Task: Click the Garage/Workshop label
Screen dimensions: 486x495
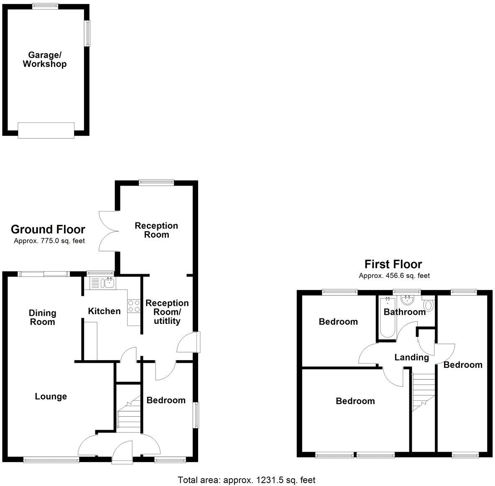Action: coord(45,59)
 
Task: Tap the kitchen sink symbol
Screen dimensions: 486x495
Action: coord(109,283)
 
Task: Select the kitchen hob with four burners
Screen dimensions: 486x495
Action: coord(134,306)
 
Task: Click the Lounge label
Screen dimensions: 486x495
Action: coord(51,396)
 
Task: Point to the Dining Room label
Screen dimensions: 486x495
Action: coord(42,317)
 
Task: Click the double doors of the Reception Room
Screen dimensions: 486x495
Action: coord(107,231)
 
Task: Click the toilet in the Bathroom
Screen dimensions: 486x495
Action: coord(428,305)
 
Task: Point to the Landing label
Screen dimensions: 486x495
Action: coord(412,357)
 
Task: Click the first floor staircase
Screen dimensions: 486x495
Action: coord(424,390)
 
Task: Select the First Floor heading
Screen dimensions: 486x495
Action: coord(393,264)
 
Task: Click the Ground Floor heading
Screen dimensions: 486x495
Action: coord(48,229)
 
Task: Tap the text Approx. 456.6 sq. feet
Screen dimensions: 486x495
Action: coord(394,276)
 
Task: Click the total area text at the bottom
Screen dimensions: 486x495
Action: coord(247,480)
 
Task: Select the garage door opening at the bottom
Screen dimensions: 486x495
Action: coord(46,130)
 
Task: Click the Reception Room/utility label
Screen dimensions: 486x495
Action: coord(167,312)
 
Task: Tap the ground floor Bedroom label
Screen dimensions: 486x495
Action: coord(166,400)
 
